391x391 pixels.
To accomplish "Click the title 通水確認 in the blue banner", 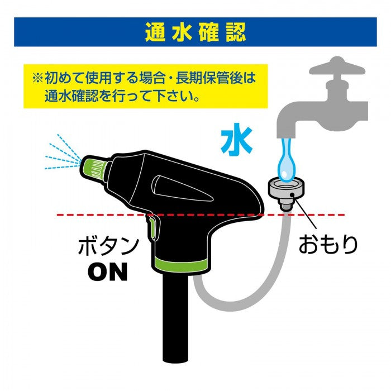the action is click(x=195, y=32).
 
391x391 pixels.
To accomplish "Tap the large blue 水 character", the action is click(x=237, y=140).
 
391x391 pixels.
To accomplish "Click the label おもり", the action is click(x=328, y=245).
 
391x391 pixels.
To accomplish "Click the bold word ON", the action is click(x=108, y=271).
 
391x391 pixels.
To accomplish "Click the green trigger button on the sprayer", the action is click(x=152, y=227).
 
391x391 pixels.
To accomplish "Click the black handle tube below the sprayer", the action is click(x=178, y=317).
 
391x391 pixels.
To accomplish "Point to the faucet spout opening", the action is click(x=286, y=136).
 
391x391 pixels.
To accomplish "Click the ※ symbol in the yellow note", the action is click(x=38, y=78).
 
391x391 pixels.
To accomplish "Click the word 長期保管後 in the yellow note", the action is click(x=209, y=78).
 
